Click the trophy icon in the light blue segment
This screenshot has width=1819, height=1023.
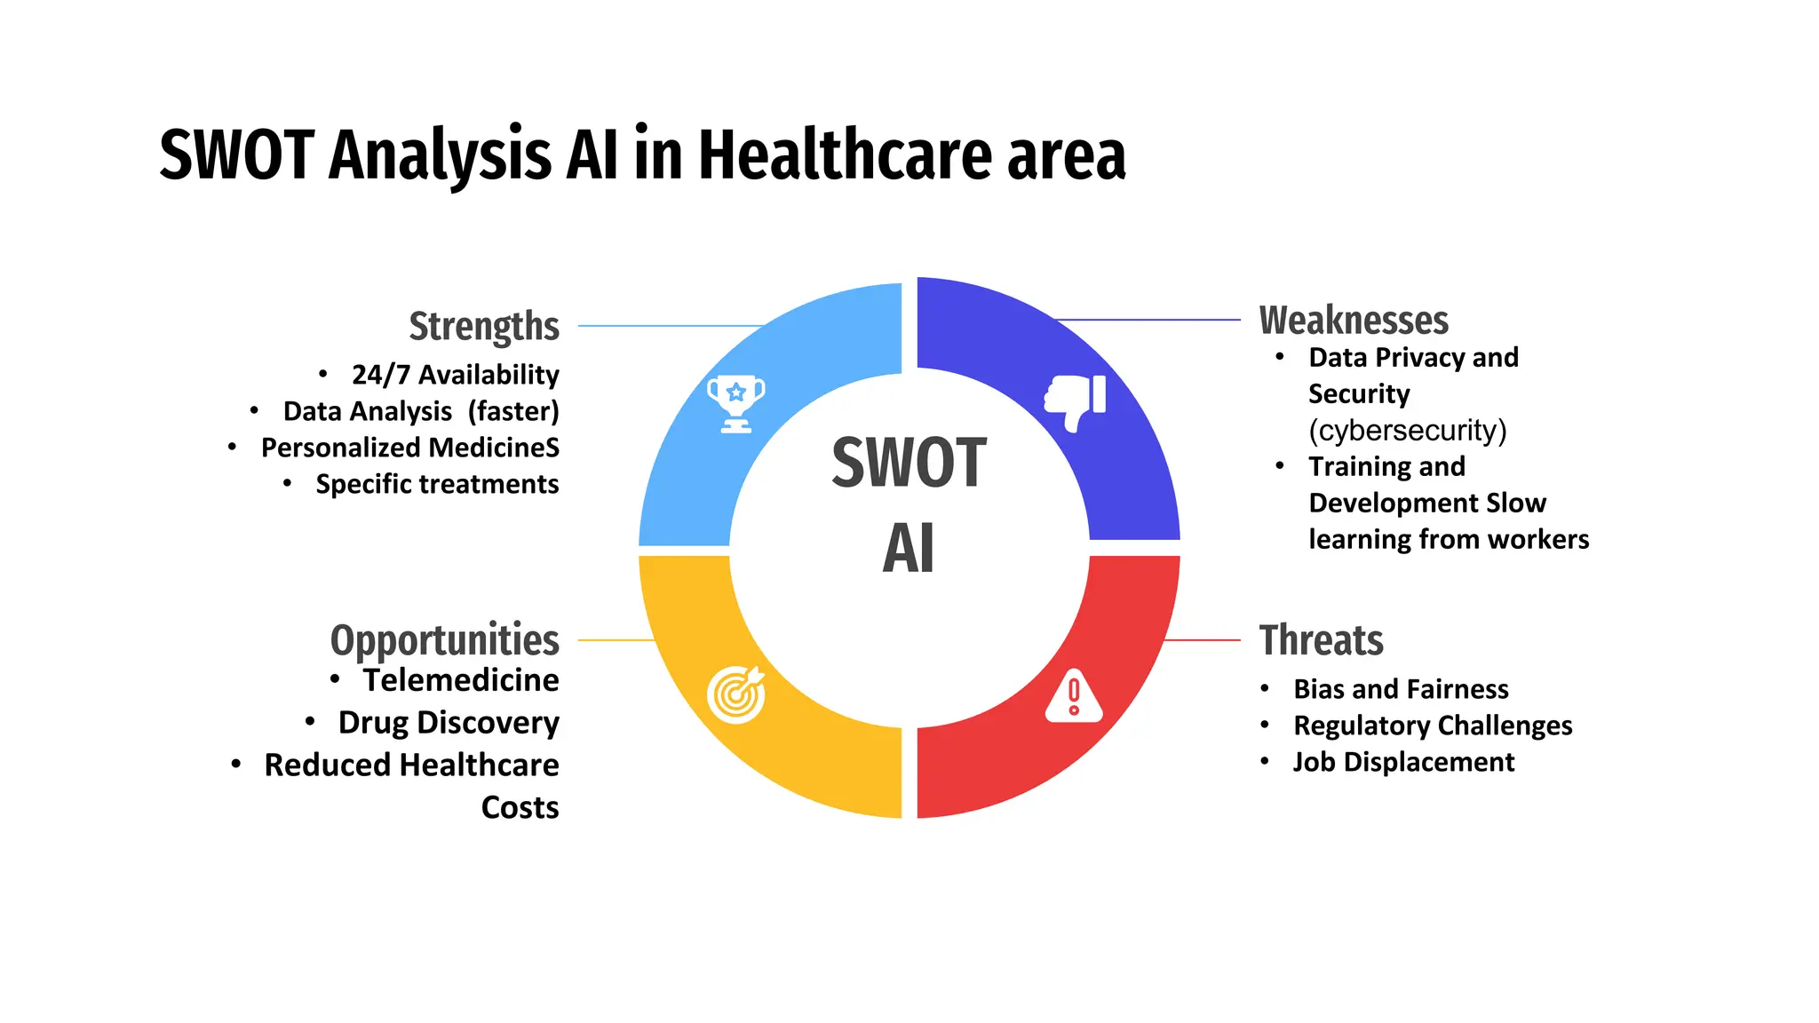tap(735, 403)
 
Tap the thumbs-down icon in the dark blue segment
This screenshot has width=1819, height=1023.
tap(1076, 401)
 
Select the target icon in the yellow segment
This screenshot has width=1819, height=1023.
tap(736, 694)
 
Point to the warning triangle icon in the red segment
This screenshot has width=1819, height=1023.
tap(1074, 696)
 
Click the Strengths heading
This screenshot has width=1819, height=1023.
tap(484, 326)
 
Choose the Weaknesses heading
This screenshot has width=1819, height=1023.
tap(1354, 321)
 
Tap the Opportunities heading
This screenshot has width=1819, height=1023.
tap(445, 640)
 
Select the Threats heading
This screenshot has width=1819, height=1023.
tap(1321, 640)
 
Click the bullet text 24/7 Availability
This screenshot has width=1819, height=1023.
tap(456, 375)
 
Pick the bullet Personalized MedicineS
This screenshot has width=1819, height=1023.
tap(410, 448)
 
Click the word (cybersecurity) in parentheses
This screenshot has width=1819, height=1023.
tap(1408, 431)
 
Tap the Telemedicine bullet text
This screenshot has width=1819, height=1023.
tap(461, 680)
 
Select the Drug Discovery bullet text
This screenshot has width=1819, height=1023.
tap(449, 723)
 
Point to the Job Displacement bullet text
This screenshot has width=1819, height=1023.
tap(1403, 762)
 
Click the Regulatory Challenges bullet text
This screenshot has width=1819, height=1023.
tap(1433, 726)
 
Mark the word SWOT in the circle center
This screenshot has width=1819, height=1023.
tap(909, 463)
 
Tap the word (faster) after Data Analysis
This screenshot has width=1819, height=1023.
tap(513, 411)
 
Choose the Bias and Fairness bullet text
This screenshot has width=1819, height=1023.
tap(1401, 689)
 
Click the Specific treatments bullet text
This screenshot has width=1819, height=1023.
tap(437, 484)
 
